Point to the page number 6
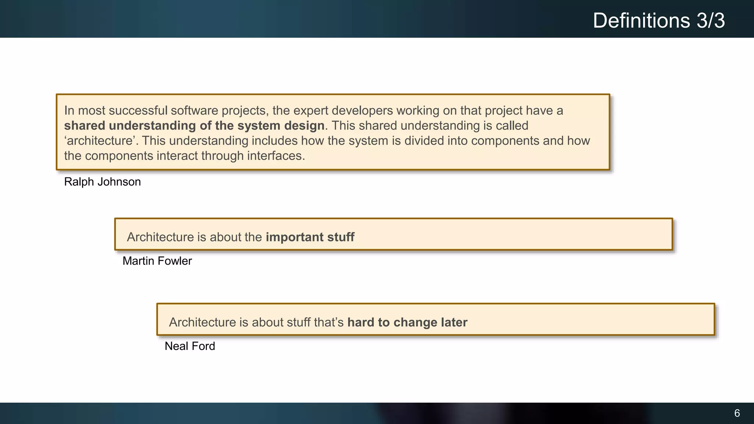click(737, 413)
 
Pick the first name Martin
click(138, 261)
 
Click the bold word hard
click(361, 322)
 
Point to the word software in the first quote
click(194, 110)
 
